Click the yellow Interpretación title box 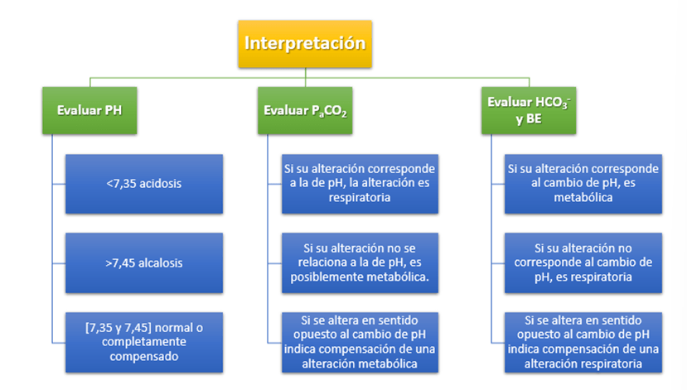[305, 43]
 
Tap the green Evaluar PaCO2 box [304, 109]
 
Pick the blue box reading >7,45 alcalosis [144, 262]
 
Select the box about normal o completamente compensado [144, 340]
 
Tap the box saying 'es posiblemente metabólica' [359, 262]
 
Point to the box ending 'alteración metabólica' [359, 340]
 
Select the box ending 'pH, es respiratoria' [584, 262]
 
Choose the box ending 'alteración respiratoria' [584, 340]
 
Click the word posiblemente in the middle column [327, 275]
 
